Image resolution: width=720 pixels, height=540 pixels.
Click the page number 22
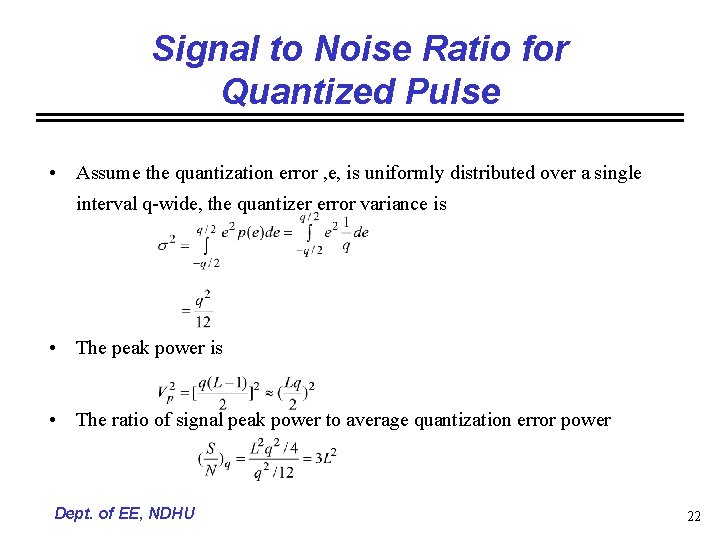tap(693, 516)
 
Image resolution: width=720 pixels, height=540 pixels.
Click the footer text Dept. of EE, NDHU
tap(125, 514)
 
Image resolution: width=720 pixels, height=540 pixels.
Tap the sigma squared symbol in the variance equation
tap(166, 242)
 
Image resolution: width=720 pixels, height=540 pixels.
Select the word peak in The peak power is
tap(128, 348)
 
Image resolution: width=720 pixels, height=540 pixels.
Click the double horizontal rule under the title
tap(360, 118)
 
